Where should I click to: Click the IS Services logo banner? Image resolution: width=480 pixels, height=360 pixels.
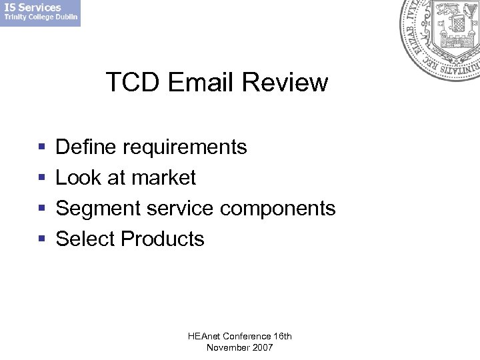click(40, 13)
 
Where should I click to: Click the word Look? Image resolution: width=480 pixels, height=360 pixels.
click(78, 177)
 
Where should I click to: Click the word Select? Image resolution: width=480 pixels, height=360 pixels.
click(85, 239)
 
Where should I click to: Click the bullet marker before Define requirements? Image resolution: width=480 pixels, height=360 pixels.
click(41, 147)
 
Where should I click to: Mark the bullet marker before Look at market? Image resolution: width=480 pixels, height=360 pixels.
click(41, 178)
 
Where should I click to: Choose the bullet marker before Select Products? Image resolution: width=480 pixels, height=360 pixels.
click(41, 239)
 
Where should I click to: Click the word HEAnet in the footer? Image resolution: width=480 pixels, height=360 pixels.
click(204, 336)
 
